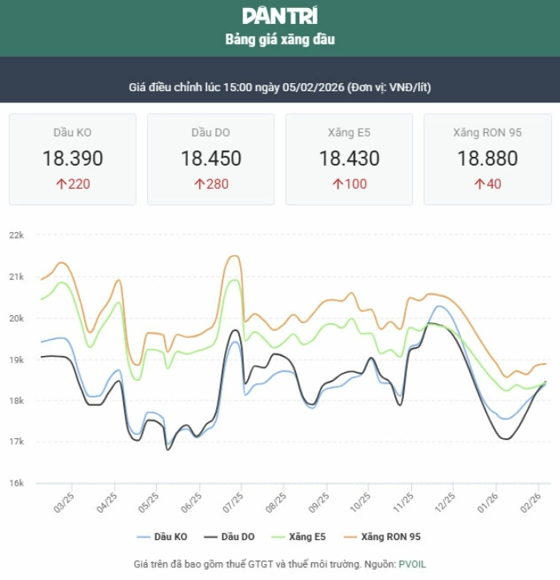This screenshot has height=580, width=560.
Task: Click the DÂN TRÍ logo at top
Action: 279,16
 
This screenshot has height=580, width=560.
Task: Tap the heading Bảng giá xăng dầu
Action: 279,39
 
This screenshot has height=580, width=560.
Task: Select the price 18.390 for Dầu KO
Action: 73,158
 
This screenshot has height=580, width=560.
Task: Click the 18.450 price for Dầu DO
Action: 210,158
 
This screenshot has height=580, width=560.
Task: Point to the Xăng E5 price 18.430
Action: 349,158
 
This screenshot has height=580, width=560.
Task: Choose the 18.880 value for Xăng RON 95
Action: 487,158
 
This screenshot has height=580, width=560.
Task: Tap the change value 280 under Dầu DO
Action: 217,184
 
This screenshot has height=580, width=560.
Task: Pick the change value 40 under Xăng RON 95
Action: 494,184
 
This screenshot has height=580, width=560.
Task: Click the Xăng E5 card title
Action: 349,132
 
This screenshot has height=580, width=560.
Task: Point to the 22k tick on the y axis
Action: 17,235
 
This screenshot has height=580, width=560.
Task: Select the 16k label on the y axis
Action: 17,483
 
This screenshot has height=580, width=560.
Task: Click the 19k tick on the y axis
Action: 17,359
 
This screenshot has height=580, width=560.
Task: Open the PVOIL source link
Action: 413,564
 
